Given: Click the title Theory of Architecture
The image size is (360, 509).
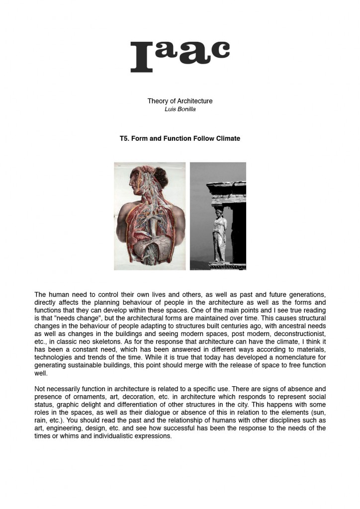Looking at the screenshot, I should click(180, 101).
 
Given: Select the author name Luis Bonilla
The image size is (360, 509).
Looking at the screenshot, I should click(180, 109).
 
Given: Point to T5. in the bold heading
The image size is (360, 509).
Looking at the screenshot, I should click(124, 139).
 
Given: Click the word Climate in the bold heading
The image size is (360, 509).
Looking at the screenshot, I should click(228, 139).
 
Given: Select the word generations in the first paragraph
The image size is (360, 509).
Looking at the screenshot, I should click(306, 295).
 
